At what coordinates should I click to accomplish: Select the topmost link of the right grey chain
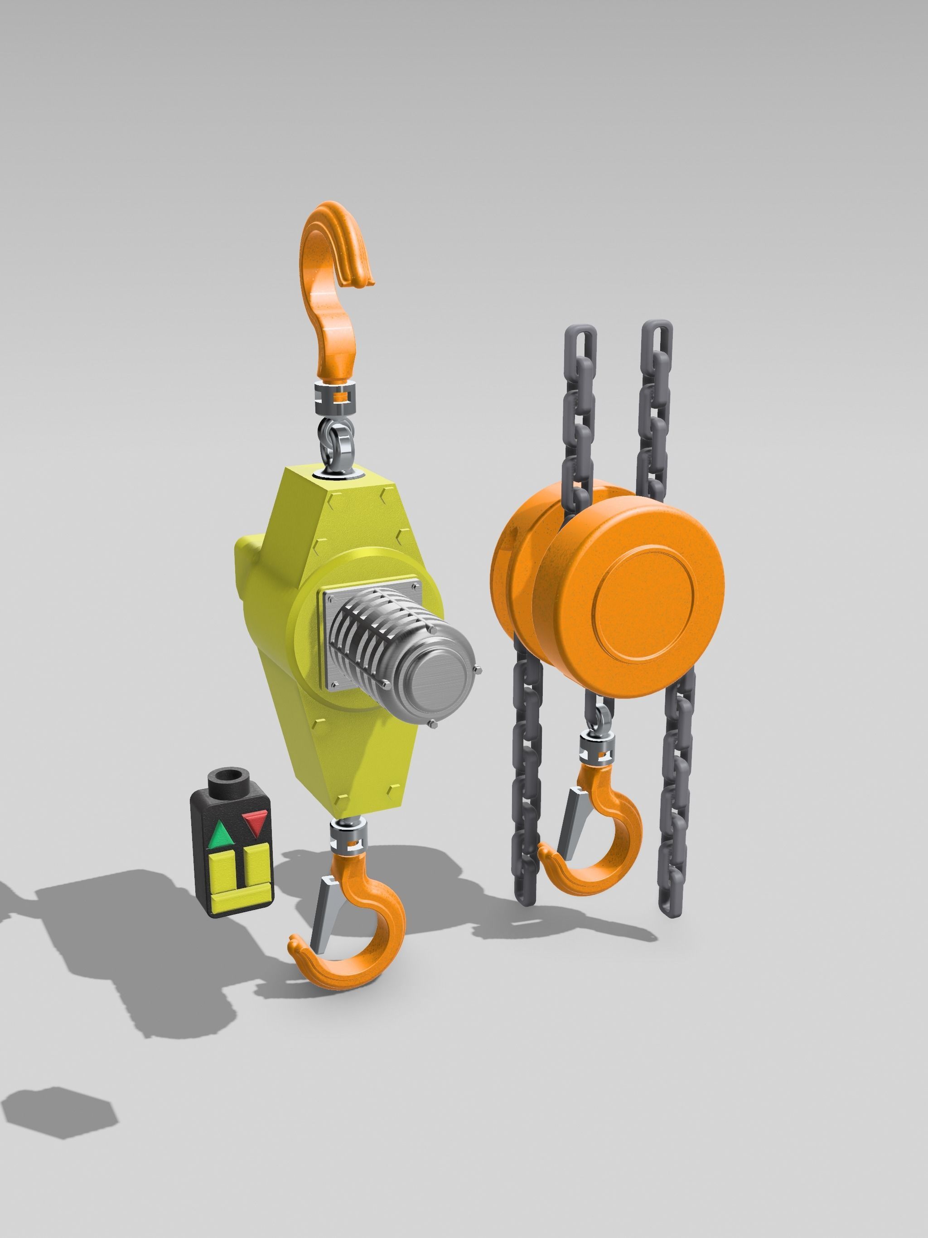pos(656,341)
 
